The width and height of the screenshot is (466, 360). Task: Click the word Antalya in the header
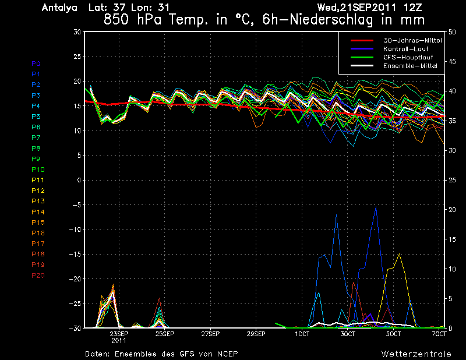tap(59, 8)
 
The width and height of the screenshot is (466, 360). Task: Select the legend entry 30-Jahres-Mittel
tap(412, 40)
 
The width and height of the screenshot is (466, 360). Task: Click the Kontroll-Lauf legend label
tap(405, 49)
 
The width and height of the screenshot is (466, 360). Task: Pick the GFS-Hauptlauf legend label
tap(408, 57)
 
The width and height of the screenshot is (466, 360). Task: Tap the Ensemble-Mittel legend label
tap(410, 66)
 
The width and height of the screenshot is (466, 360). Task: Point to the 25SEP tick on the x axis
tap(165, 334)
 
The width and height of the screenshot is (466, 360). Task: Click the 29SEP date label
tap(256, 334)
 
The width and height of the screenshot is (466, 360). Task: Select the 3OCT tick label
tap(348, 334)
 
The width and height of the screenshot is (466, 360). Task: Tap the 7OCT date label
tap(439, 334)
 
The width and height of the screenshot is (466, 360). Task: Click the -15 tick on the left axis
tap(75, 254)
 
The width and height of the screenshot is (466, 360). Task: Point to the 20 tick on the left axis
tap(77, 81)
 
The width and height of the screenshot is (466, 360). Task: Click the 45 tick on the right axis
tap(452, 62)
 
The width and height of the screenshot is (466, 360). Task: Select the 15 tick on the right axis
tap(452, 239)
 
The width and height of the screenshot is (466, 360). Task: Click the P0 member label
tap(36, 63)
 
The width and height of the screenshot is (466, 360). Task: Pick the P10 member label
tap(38, 170)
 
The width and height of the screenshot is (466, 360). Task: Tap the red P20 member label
tap(38, 276)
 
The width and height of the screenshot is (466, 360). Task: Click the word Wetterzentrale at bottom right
tap(416, 354)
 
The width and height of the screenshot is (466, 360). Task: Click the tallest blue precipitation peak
tap(376, 206)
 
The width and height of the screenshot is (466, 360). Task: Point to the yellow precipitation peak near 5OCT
tap(400, 254)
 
